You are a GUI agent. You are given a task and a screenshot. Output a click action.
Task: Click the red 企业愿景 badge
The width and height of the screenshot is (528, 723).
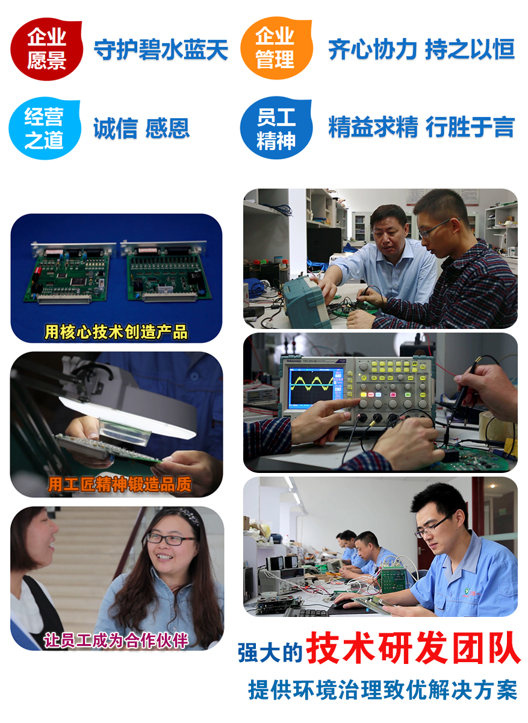coord(46,49)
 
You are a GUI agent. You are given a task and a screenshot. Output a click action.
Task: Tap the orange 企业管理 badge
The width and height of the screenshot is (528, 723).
coord(276,48)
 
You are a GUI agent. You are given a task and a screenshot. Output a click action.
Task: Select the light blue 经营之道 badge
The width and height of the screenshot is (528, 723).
coord(45,128)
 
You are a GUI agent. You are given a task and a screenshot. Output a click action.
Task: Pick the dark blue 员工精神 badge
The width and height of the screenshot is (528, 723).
coord(276,128)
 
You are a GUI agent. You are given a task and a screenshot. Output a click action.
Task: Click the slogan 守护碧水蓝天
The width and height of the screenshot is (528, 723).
coord(161,49)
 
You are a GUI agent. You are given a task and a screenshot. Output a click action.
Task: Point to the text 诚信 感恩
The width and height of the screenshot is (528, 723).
coord(141,128)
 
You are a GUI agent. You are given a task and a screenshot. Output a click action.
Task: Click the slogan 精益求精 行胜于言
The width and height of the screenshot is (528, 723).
coord(421,127)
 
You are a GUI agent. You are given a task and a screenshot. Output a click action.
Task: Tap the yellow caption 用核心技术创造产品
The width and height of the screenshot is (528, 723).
coord(116,332)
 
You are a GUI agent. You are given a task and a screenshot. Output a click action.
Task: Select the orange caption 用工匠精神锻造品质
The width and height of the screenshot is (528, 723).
coord(120,484)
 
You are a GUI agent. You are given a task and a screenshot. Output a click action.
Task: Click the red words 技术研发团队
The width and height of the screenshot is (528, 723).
coord(414,648)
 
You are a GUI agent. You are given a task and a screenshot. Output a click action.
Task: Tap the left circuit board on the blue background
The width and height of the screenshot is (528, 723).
coord(70,273)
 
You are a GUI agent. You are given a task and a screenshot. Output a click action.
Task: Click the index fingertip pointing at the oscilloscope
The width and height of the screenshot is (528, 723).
coord(358,401)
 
